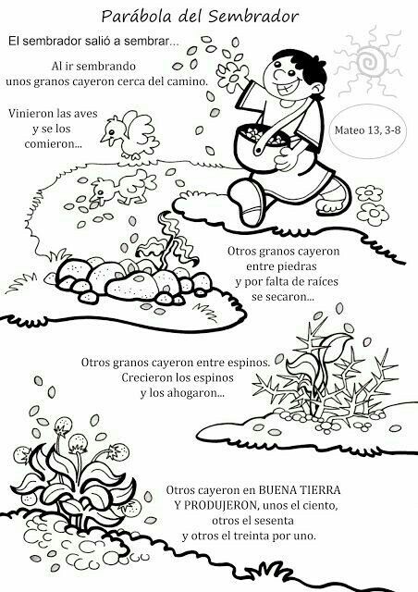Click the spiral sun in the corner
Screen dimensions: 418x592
tap(368, 62)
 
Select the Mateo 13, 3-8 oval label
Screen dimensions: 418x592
tap(367, 130)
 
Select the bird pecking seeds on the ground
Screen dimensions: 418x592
tap(121, 186)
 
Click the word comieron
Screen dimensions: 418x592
tap(54, 144)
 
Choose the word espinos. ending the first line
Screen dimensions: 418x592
tap(250, 363)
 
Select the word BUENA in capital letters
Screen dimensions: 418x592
tap(277, 490)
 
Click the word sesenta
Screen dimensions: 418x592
tap(273, 521)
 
